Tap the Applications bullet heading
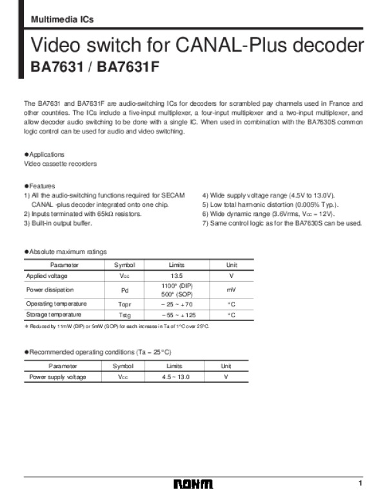(x=45, y=155)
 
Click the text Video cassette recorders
(x=60, y=164)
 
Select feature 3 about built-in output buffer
(x=58, y=223)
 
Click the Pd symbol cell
(x=124, y=290)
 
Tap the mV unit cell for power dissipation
(x=231, y=290)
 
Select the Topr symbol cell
(x=124, y=304)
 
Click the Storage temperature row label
(x=54, y=315)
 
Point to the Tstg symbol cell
(x=124, y=315)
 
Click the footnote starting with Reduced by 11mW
(x=116, y=326)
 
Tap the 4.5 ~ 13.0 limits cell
(x=175, y=377)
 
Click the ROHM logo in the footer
(x=193, y=484)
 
